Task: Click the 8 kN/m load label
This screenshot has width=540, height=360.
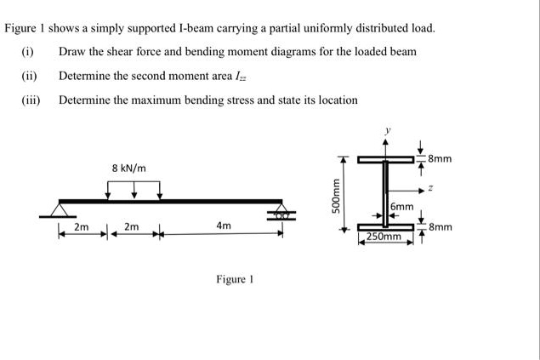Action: pos(128,168)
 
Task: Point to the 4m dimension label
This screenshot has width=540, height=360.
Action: pos(223,226)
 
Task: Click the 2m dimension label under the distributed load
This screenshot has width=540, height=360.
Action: pos(131,226)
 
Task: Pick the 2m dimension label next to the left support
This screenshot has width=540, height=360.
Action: pos(82,227)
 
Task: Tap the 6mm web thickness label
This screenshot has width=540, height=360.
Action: pos(402,207)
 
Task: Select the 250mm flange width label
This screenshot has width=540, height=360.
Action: pos(384,236)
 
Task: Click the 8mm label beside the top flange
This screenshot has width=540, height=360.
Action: pos(441,158)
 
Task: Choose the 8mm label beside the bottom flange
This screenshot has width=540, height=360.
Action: pos(441,227)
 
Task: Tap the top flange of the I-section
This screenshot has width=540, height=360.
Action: pos(384,159)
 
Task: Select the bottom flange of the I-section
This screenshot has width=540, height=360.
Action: pos(384,226)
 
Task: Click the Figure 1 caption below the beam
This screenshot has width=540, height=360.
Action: pos(236,279)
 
